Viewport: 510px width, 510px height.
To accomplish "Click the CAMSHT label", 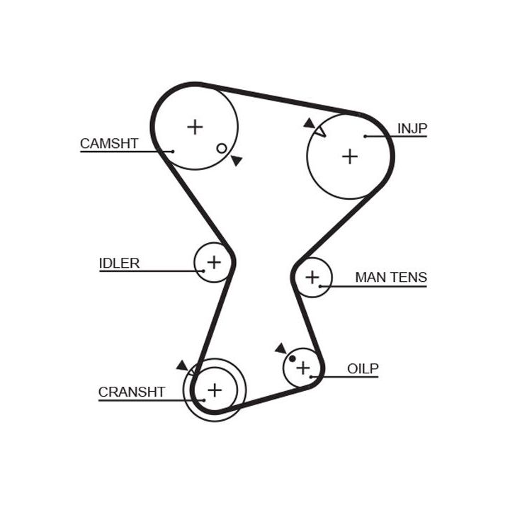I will [108, 144].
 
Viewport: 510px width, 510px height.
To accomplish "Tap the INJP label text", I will [412, 128].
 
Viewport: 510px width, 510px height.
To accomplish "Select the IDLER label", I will [119, 263].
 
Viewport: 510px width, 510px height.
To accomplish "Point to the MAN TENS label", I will [391, 278].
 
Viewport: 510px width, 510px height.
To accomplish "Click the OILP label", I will [363, 368].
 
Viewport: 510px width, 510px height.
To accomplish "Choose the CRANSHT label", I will [132, 392].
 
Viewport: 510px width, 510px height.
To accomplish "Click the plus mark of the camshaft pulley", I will [195, 127].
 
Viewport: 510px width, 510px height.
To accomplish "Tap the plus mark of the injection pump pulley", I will [350, 157].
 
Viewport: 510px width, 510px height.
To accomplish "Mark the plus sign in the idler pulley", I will [213, 263].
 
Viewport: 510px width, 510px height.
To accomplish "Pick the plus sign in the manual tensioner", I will [312, 277].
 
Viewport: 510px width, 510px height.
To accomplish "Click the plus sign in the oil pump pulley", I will [303, 368].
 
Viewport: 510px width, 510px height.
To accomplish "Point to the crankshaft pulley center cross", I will [214, 390].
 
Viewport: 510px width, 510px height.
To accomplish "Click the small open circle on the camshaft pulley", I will [222, 148].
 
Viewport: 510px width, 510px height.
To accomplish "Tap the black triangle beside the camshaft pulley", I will [237, 161].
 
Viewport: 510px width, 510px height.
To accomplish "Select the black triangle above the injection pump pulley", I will [309, 123].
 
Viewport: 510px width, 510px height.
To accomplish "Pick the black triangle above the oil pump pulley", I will [280, 348].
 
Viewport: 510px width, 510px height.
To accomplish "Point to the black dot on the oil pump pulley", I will [292, 358].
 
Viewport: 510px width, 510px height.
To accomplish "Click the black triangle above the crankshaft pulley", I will [183, 365].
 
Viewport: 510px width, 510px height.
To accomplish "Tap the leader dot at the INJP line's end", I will [365, 136].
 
